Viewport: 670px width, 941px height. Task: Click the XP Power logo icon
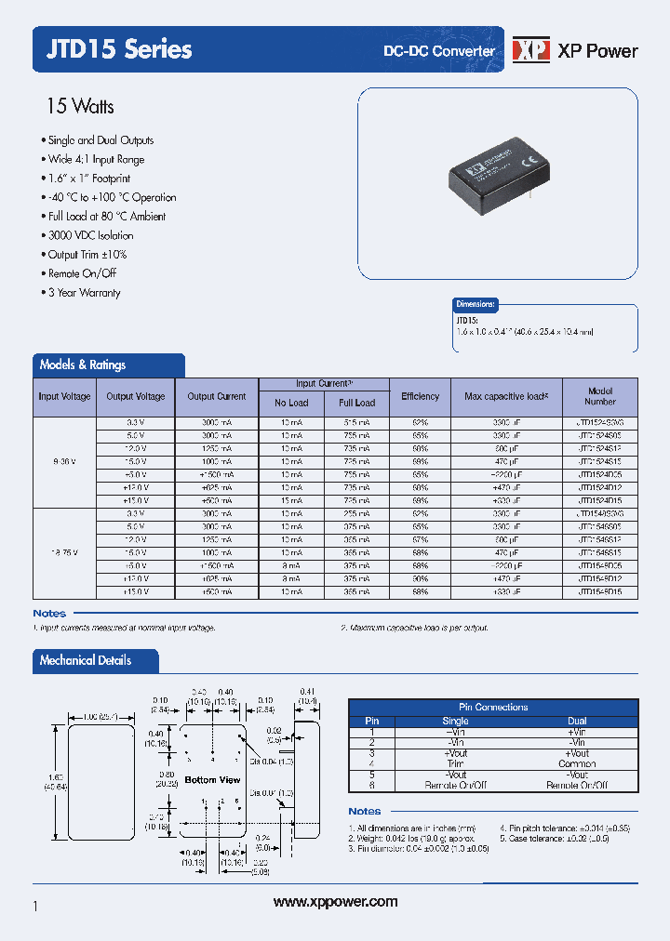click(530, 50)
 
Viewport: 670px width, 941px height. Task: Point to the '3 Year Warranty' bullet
click(84, 293)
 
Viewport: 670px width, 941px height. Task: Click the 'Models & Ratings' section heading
click(83, 365)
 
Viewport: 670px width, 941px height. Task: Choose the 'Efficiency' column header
click(420, 397)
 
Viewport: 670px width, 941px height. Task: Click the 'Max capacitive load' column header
click(506, 397)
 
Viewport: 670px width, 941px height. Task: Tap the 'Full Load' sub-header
click(356, 403)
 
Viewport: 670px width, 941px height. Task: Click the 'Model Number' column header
click(600, 397)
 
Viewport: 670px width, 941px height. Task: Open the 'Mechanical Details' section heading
click(86, 661)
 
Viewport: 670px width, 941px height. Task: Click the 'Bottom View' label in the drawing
click(212, 779)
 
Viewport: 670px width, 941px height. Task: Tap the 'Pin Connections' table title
click(493, 708)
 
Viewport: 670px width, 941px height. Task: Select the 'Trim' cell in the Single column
click(455, 763)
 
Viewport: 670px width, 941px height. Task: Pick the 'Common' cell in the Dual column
click(577, 763)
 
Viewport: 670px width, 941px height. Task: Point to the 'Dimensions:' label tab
click(476, 304)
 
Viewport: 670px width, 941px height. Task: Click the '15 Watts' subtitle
click(80, 107)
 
